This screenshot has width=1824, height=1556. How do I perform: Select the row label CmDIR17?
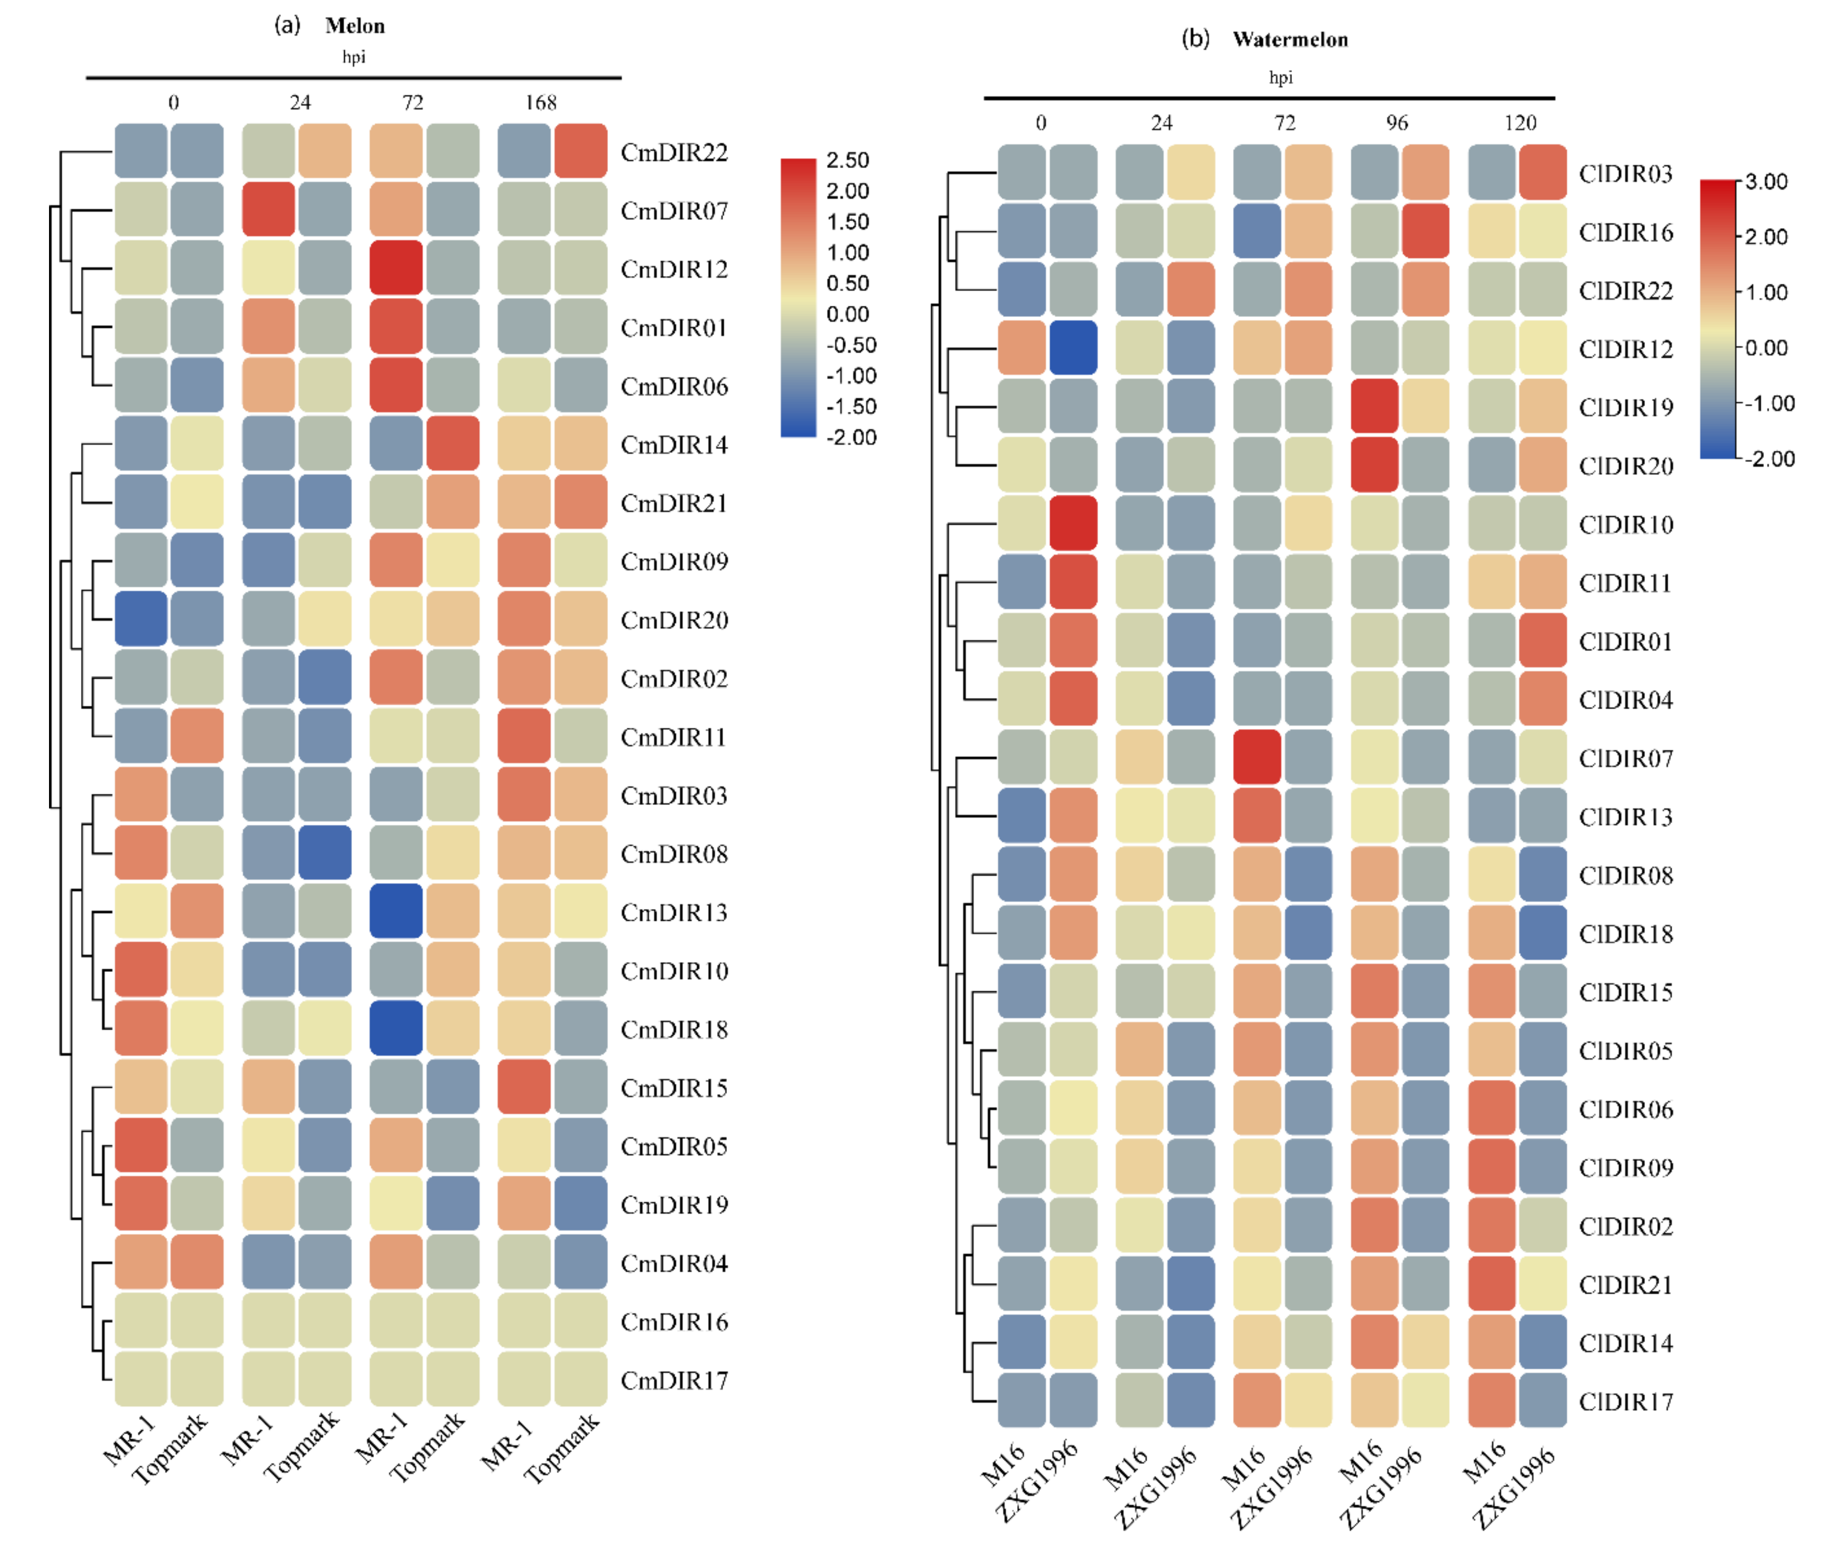(674, 1380)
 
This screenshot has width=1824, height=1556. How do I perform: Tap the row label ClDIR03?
(1625, 174)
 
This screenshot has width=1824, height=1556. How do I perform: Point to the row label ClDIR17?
(1625, 1401)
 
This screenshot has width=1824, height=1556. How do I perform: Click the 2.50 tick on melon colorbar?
(847, 160)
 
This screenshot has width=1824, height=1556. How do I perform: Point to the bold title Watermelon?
(1290, 40)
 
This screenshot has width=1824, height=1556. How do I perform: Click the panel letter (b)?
(1196, 39)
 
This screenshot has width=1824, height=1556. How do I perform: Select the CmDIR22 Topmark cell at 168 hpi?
(580, 150)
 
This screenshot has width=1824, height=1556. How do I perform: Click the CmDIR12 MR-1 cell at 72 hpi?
(396, 268)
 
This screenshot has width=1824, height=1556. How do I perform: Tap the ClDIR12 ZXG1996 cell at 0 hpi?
(1073, 348)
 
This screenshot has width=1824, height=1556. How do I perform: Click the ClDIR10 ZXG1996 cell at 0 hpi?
(1073, 523)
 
